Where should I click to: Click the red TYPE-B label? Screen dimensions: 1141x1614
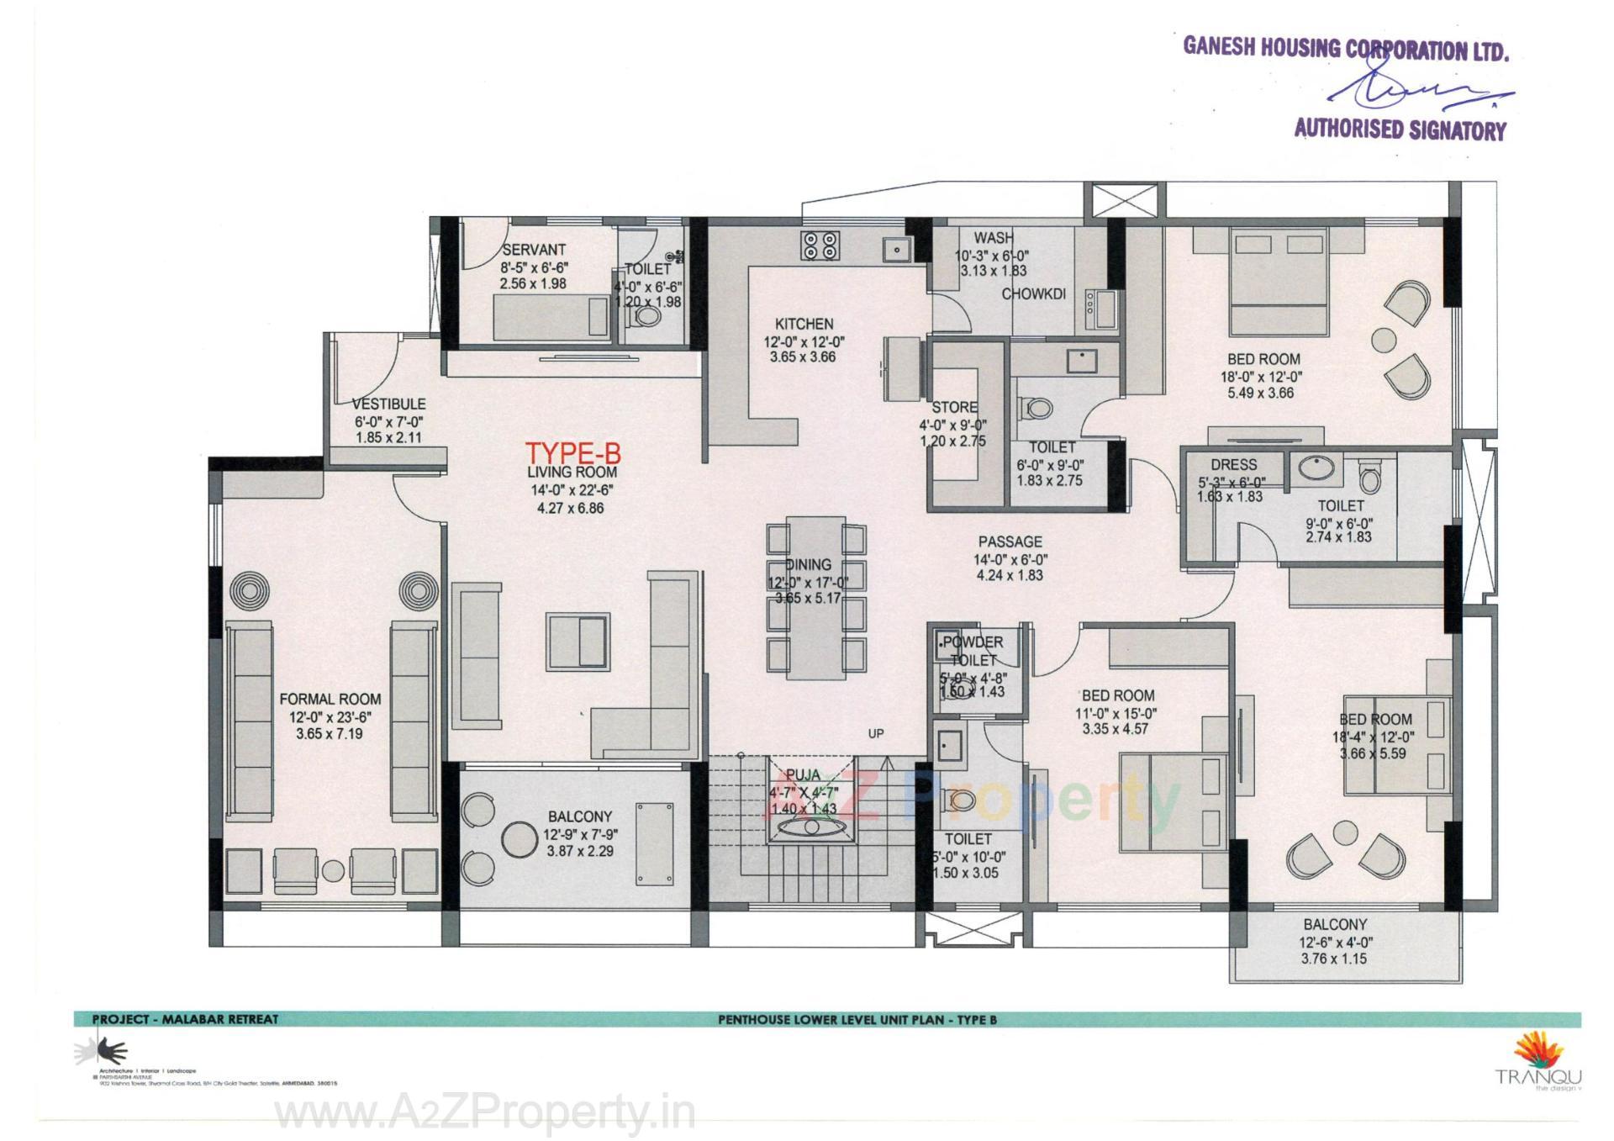tap(572, 453)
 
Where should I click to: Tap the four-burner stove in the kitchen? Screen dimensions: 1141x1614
tap(820, 245)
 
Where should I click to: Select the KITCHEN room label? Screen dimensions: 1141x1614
tap(804, 324)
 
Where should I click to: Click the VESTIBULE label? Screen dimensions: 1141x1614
tap(388, 404)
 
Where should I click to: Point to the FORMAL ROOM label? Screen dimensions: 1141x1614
tap(330, 699)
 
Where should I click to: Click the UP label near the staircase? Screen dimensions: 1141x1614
tap(876, 733)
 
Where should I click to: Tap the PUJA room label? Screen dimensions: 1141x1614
tap(803, 775)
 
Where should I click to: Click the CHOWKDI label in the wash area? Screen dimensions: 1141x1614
tap(1033, 294)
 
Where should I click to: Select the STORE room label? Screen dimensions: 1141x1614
tap(954, 407)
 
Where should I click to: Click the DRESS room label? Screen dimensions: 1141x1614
tap(1233, 465)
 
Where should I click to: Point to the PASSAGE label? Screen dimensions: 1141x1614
tap(1010, 542)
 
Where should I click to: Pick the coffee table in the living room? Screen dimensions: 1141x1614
tap(578, 641)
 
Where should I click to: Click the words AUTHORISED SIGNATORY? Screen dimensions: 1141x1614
tap(1400, 129)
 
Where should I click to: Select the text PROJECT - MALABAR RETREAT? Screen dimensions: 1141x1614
tap(185, 1019)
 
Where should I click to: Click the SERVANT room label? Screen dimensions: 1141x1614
tap(534, 250)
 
